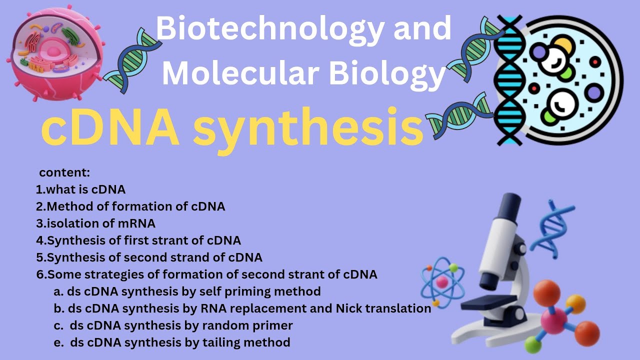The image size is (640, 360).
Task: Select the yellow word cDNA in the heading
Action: click(110, 129)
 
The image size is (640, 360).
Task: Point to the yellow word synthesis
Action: click(308, 129)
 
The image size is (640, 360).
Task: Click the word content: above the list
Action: click(64, 173)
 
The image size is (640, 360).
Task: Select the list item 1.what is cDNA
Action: click(80, 189)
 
